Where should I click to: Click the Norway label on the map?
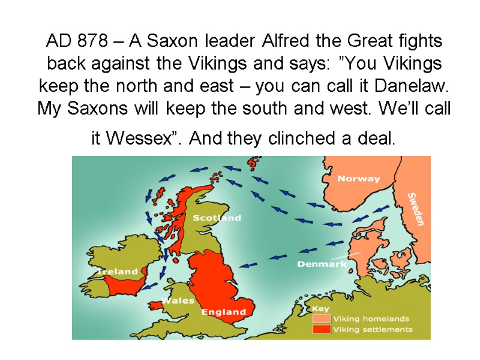[359, 178]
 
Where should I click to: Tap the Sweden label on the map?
[416, 208]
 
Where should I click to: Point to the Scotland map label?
[217, 218]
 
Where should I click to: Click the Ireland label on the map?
[118, 271]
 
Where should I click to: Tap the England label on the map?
[223, 312]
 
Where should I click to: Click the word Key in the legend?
[322, 308]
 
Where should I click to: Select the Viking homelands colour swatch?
[322, 319]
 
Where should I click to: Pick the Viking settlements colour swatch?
[322, 329]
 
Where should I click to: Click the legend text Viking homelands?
[371, 319]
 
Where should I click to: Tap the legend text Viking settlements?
[373, 329]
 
